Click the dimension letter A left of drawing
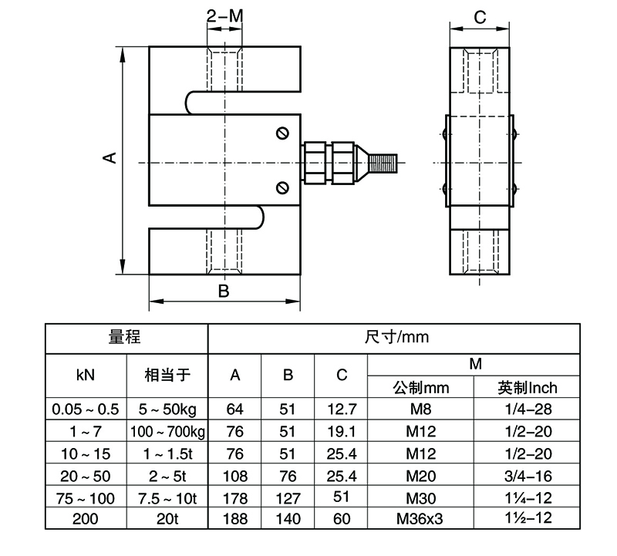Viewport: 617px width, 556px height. [110, 157]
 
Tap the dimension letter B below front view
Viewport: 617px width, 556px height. [223, 291]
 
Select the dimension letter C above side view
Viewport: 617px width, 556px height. [479, 17]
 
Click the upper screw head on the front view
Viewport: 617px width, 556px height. [282, 134]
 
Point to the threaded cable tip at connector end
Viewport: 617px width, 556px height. [383, 162]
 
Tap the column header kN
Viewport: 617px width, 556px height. [86, 376]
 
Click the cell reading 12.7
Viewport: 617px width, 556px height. [342, 408]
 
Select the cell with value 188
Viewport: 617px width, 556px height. [235, 518]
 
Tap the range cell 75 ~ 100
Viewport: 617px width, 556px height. [86, 497]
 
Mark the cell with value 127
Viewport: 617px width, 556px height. [288, 497]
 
